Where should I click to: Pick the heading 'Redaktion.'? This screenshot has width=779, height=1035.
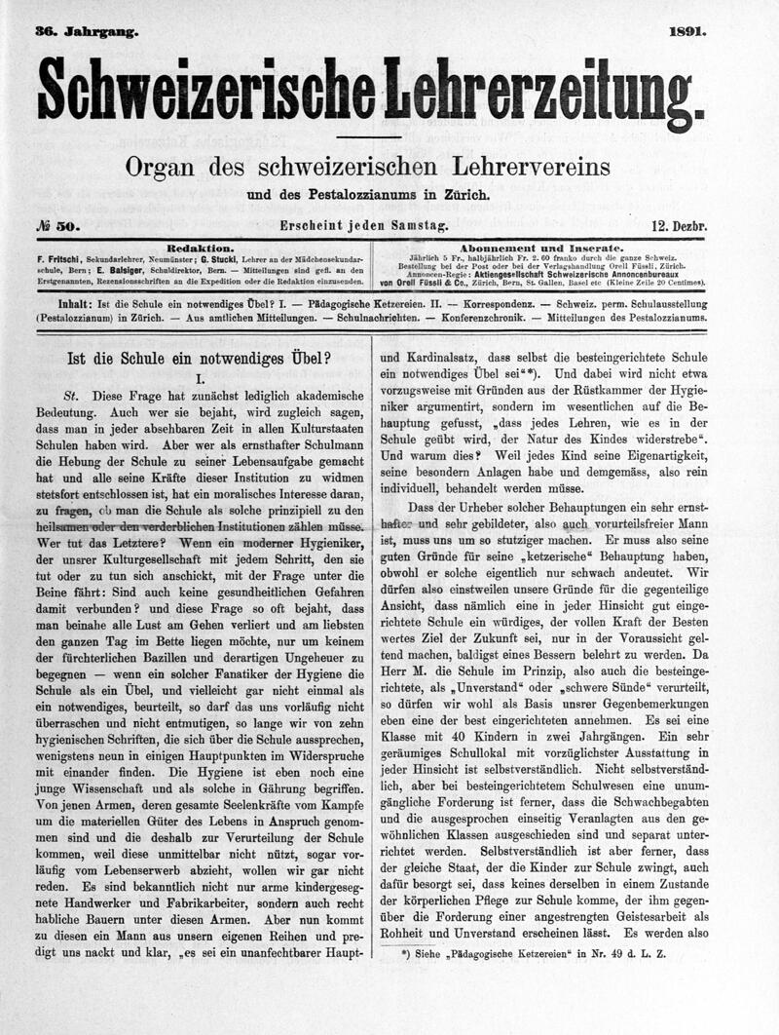[200, 248]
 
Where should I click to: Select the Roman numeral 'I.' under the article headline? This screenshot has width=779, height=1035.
[199, 376]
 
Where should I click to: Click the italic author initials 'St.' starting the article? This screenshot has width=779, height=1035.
[70, 398]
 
